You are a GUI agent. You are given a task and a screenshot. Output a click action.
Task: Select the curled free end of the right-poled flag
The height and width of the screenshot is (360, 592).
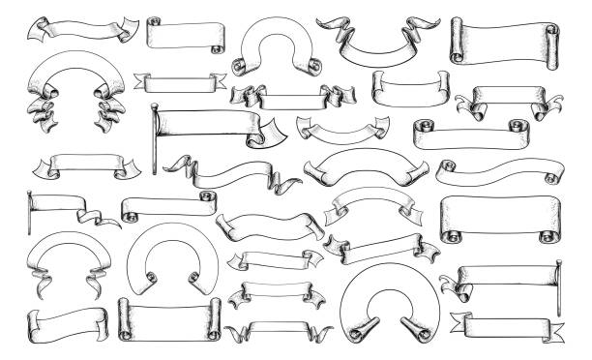pyautogui.click(x=448, y=283)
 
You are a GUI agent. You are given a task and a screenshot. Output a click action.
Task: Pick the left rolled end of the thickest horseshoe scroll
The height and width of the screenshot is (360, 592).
pyautogui.click(x=354, y=329)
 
